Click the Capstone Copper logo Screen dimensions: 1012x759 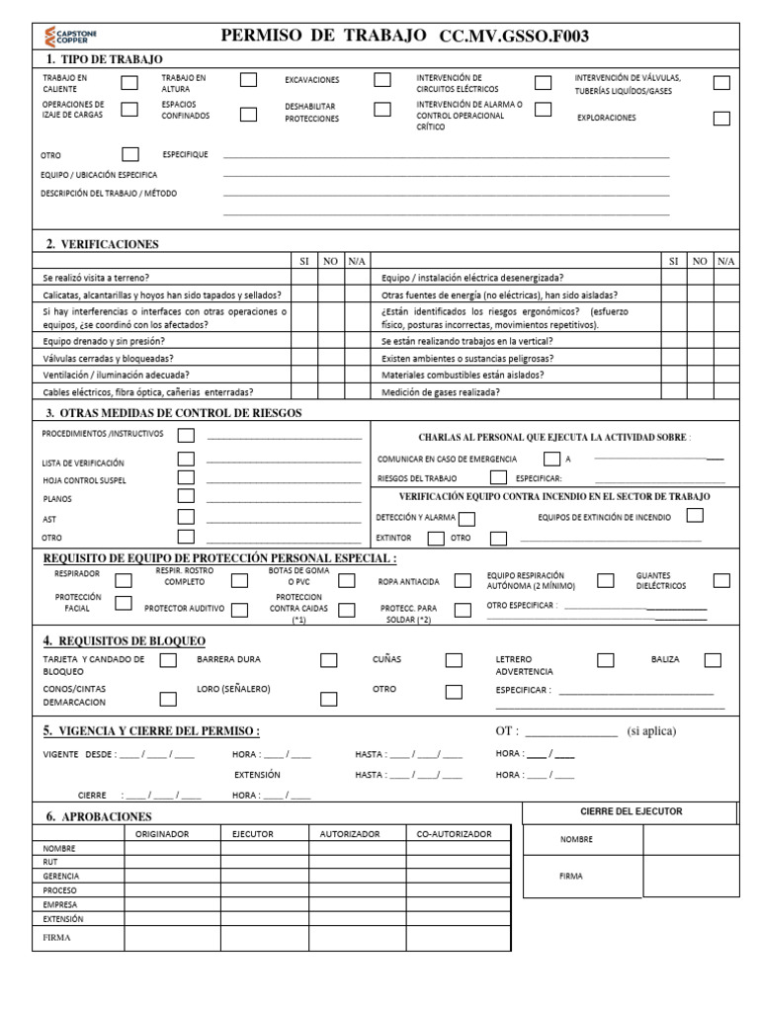tap(70, 37)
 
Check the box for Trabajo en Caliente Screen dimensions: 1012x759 tap(129, 82)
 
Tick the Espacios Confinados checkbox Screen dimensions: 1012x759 tap(248, 114)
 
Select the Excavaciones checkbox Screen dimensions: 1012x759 tap(382, 80)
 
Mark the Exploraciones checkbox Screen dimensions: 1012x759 tap(721, 119)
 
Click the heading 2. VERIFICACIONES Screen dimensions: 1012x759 tap(102, 244)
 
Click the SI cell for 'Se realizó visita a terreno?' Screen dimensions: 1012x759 tap(303, 279)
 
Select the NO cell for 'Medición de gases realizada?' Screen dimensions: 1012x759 tap(700, 391)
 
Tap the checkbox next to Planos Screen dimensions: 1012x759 tap(186, 497)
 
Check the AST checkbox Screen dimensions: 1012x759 tap(186, 517)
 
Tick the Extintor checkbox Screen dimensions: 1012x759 tap(435, 539)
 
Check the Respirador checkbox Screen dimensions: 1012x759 tap(124, 581)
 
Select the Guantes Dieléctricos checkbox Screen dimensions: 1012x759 tap(721, 581)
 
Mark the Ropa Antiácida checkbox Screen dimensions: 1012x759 tap(463, 581)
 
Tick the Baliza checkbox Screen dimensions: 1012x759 tap(713, 660)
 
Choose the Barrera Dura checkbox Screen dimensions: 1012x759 tap(329, 660)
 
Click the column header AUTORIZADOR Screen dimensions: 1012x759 tap(350, 834)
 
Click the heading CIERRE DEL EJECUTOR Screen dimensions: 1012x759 tap(631, 811)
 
